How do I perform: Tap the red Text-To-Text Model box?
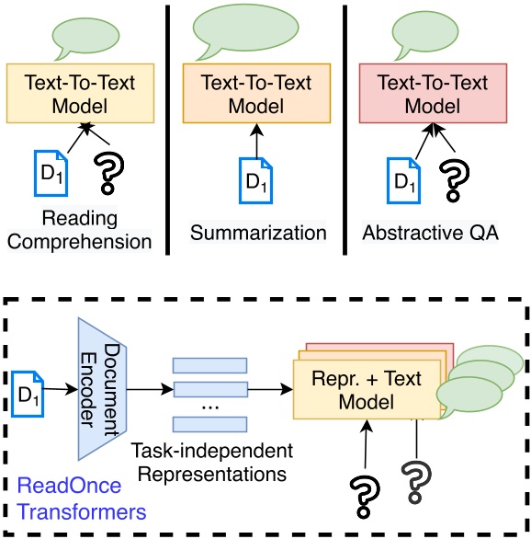coord(432,92)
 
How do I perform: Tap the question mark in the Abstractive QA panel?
coord(452,178)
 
